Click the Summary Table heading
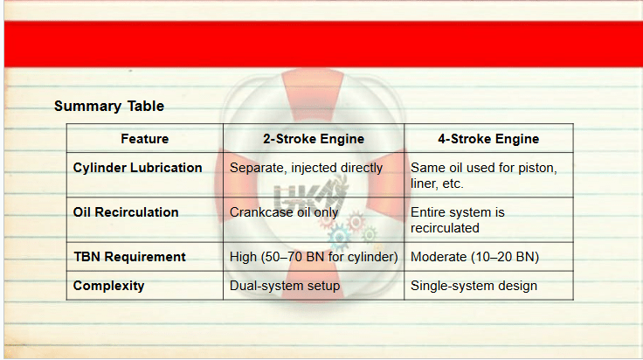(109, 107)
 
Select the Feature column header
(145, 139)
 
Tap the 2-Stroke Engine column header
(314, 139)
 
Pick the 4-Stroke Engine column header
(488, 139)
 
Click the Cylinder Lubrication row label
(137, 168)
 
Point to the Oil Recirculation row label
(126, 212)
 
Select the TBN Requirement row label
(129, 257)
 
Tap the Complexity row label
(108, 286)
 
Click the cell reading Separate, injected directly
(306, 168)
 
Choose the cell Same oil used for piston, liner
(484, 176)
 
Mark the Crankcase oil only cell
(284, 212)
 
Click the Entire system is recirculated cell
(458, 220)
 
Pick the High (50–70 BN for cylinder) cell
(314, 257)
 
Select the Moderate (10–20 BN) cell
(475, 257)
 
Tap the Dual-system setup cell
(285, 286)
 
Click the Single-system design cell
(474, 286)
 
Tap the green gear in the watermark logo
(369, 235)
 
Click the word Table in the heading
(146, 107)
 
